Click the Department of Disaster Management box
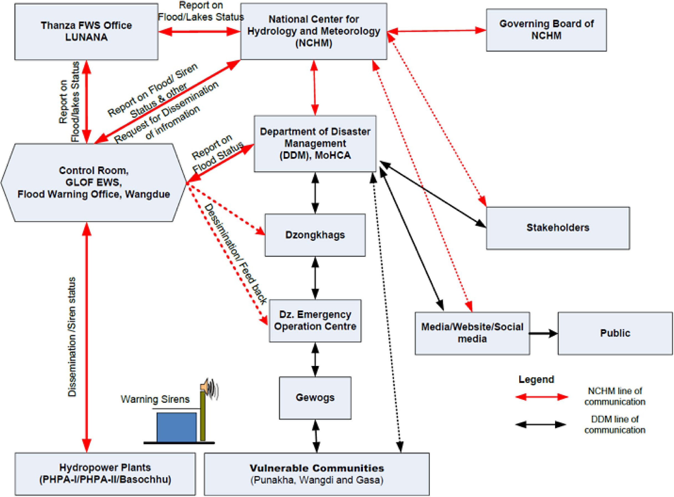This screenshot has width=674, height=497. coord(315,143)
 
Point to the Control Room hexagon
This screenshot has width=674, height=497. coord(93,182)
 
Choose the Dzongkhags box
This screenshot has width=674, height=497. coord(315,235)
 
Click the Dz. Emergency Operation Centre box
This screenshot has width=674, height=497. coord(315,321)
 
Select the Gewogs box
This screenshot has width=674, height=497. coord(315,398)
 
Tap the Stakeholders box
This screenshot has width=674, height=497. coord(558,228)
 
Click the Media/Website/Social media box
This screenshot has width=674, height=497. coord(472,333)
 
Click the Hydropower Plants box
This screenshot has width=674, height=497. coord(105,473)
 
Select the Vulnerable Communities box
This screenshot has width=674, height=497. coord(317,473)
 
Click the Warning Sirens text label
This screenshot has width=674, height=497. coord(155,399)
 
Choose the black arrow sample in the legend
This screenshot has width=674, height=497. coord(541,424)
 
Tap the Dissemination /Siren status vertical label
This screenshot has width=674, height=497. coord(72,337)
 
